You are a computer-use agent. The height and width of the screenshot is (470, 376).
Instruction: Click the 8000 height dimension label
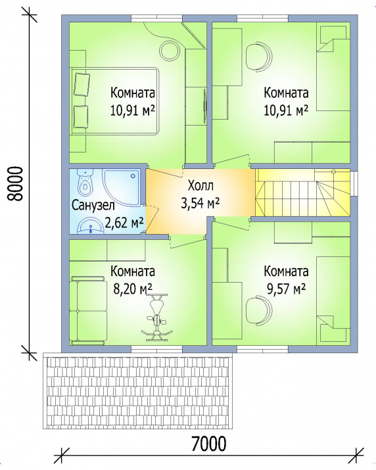click(x=16, y=183)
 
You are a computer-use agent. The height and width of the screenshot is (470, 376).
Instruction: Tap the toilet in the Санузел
click(x=85, y=182)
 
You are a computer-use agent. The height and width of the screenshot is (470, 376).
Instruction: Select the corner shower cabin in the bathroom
click(x=121, y=187)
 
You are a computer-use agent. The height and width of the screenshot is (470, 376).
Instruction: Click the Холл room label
click(x=200, y=186)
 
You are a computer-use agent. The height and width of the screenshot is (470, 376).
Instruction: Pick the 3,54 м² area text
click(x=200, y=204)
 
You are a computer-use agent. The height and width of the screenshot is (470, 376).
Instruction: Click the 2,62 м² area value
click(x=124, y=223)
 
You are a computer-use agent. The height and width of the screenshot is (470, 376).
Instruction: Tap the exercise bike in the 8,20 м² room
click(x=156, y=317)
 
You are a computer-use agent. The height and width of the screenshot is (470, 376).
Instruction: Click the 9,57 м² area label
click(x=286, y=289)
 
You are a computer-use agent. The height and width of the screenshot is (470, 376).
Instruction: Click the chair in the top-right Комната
click(x=260, y=57)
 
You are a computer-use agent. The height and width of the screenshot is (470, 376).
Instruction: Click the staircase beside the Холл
click(x=302, y=192)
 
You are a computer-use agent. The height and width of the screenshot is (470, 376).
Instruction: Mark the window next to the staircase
click(x=354, y=183)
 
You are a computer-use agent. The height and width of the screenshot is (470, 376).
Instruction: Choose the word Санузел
click(x=93, y=206)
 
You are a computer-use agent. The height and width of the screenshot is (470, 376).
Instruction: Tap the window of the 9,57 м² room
click(x=263, y=350)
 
